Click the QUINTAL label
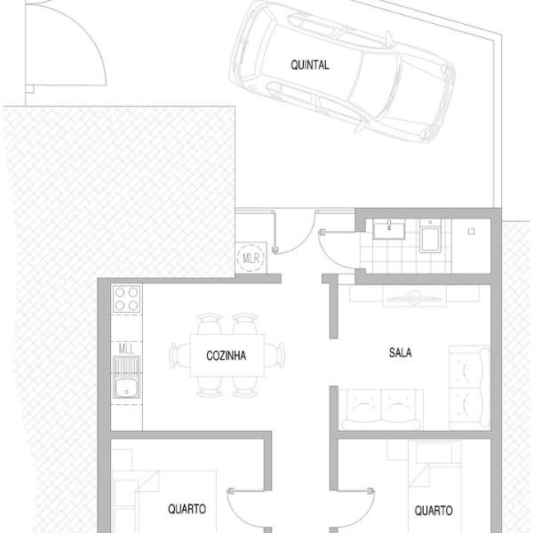[x=310, y=65]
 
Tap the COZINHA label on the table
[x=226, y=355]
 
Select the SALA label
[x=400, y=353]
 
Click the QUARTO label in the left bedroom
[x=187, y=509]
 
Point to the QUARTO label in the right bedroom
[x=434, y=510]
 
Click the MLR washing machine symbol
[x=251, y=258]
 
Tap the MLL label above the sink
[x=126, y=349]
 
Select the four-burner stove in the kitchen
[x=126, y=298]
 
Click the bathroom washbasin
[x=389, y=229]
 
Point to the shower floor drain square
[x=471, y=232]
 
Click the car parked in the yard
[x=342, y=72]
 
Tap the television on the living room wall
[x=415, y=298]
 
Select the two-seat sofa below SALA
[x=382, y=410]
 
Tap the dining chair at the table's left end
[x=180, y=355]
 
